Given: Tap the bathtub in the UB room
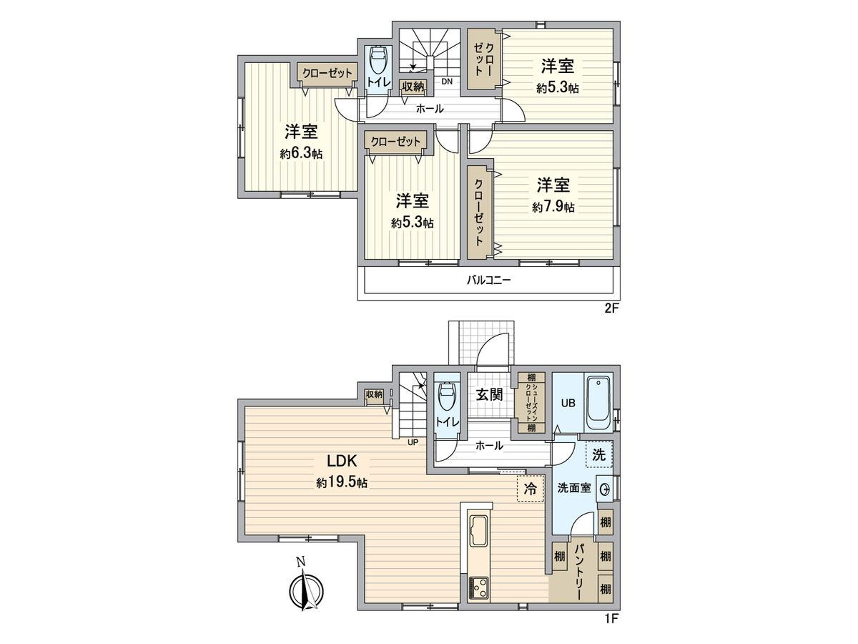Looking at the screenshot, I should (x=597, y=403).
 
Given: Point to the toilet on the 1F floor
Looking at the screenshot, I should (x=447, y=397).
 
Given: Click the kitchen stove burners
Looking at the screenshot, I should (x=478, y=589).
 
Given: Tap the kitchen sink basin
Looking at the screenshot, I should (x=478, y=532).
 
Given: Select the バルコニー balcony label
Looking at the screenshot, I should (x=488, y=280).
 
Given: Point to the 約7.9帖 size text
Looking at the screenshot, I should (x=553, y=208).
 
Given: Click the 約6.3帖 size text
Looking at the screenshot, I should (x=301, y=153).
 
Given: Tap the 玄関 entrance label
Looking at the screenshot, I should (x=490, y=394).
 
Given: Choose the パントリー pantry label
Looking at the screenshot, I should (x=580, y=571).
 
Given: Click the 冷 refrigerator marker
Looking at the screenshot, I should (x=530, y=489).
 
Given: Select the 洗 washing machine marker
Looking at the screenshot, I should (x=599, y=454).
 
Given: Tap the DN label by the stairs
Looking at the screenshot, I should (x=447, y=82).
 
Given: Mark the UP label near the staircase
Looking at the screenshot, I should (x=413, y=441).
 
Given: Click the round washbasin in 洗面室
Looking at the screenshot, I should (x=605, y=489).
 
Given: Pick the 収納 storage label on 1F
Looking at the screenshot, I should (x=374, y=394).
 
